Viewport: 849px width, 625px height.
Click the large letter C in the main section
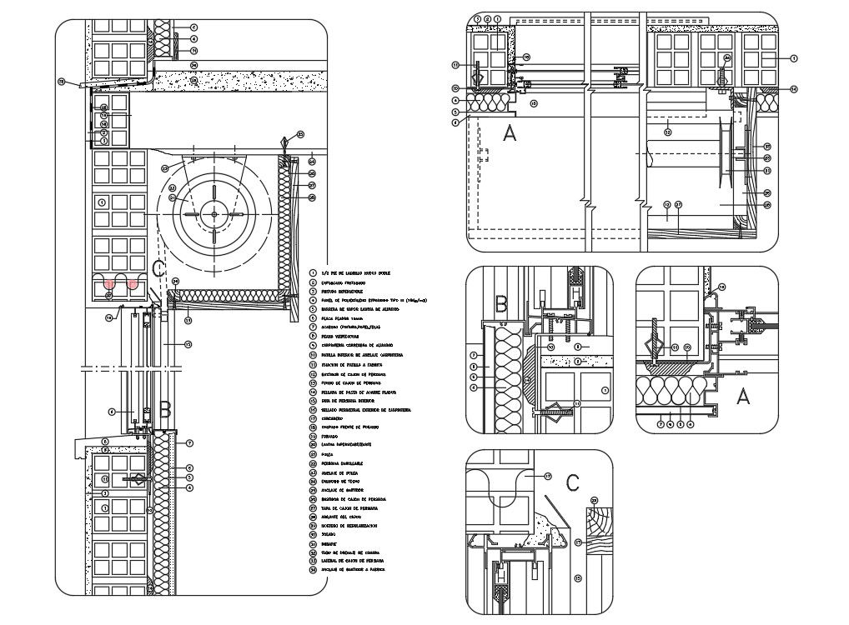(159, 269)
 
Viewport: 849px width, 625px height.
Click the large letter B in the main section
(165, 409)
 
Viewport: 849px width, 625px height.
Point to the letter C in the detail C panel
(572, 482)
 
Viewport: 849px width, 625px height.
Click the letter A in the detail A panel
(742, 397)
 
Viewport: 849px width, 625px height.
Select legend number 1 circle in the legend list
(313, 272)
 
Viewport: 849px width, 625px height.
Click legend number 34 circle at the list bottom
(313, 570)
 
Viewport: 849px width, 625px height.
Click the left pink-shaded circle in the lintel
(108, 284)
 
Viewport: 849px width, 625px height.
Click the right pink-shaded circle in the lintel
(133, 284)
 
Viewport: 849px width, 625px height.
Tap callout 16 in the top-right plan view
(534, 103)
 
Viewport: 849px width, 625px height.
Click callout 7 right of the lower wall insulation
(190, 442)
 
